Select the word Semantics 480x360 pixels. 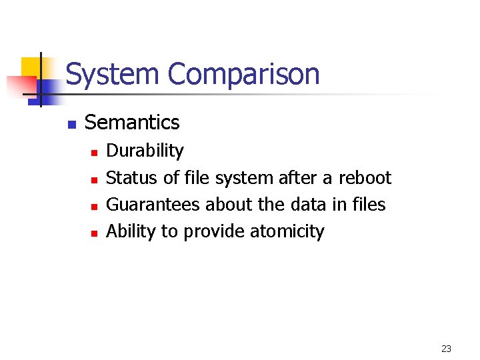132,123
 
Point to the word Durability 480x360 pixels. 145,151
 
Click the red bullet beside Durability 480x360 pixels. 95,153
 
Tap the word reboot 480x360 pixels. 365,178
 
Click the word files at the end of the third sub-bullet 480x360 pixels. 368,205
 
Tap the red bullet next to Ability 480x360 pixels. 95,233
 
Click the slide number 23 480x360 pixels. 446,349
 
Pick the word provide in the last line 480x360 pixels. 214,232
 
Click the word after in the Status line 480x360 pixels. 297,178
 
